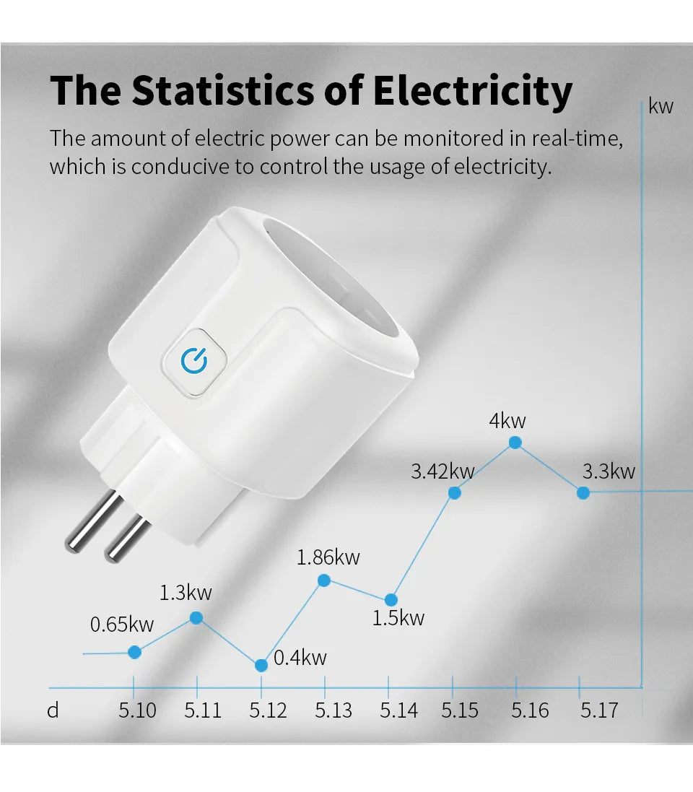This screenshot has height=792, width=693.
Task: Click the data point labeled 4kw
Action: coord(515,443)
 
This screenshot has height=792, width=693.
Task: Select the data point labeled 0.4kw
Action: coord(261,665)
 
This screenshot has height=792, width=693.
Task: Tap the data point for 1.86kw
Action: coord(324,580)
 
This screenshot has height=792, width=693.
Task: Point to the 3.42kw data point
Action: coord(455,492)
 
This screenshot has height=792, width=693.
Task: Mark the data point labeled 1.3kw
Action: coord(196,617)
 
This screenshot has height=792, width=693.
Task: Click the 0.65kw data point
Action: coord(134,652)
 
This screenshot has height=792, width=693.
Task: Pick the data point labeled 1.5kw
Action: coord(391,599)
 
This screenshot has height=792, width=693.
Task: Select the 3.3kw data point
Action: coord(583,492)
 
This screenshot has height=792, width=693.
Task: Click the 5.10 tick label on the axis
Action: coord(137,710)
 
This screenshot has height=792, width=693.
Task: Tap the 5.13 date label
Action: coord(334,710)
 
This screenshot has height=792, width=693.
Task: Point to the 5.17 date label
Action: coord(599,710)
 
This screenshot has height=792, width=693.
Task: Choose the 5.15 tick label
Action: coord(460,710)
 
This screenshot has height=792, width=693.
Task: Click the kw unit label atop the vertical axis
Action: coord(661,107)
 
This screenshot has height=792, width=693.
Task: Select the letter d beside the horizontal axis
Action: coord(53,710)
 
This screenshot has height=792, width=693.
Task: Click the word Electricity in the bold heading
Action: coord(473,92)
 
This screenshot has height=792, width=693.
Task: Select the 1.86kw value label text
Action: coord(328,557)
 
